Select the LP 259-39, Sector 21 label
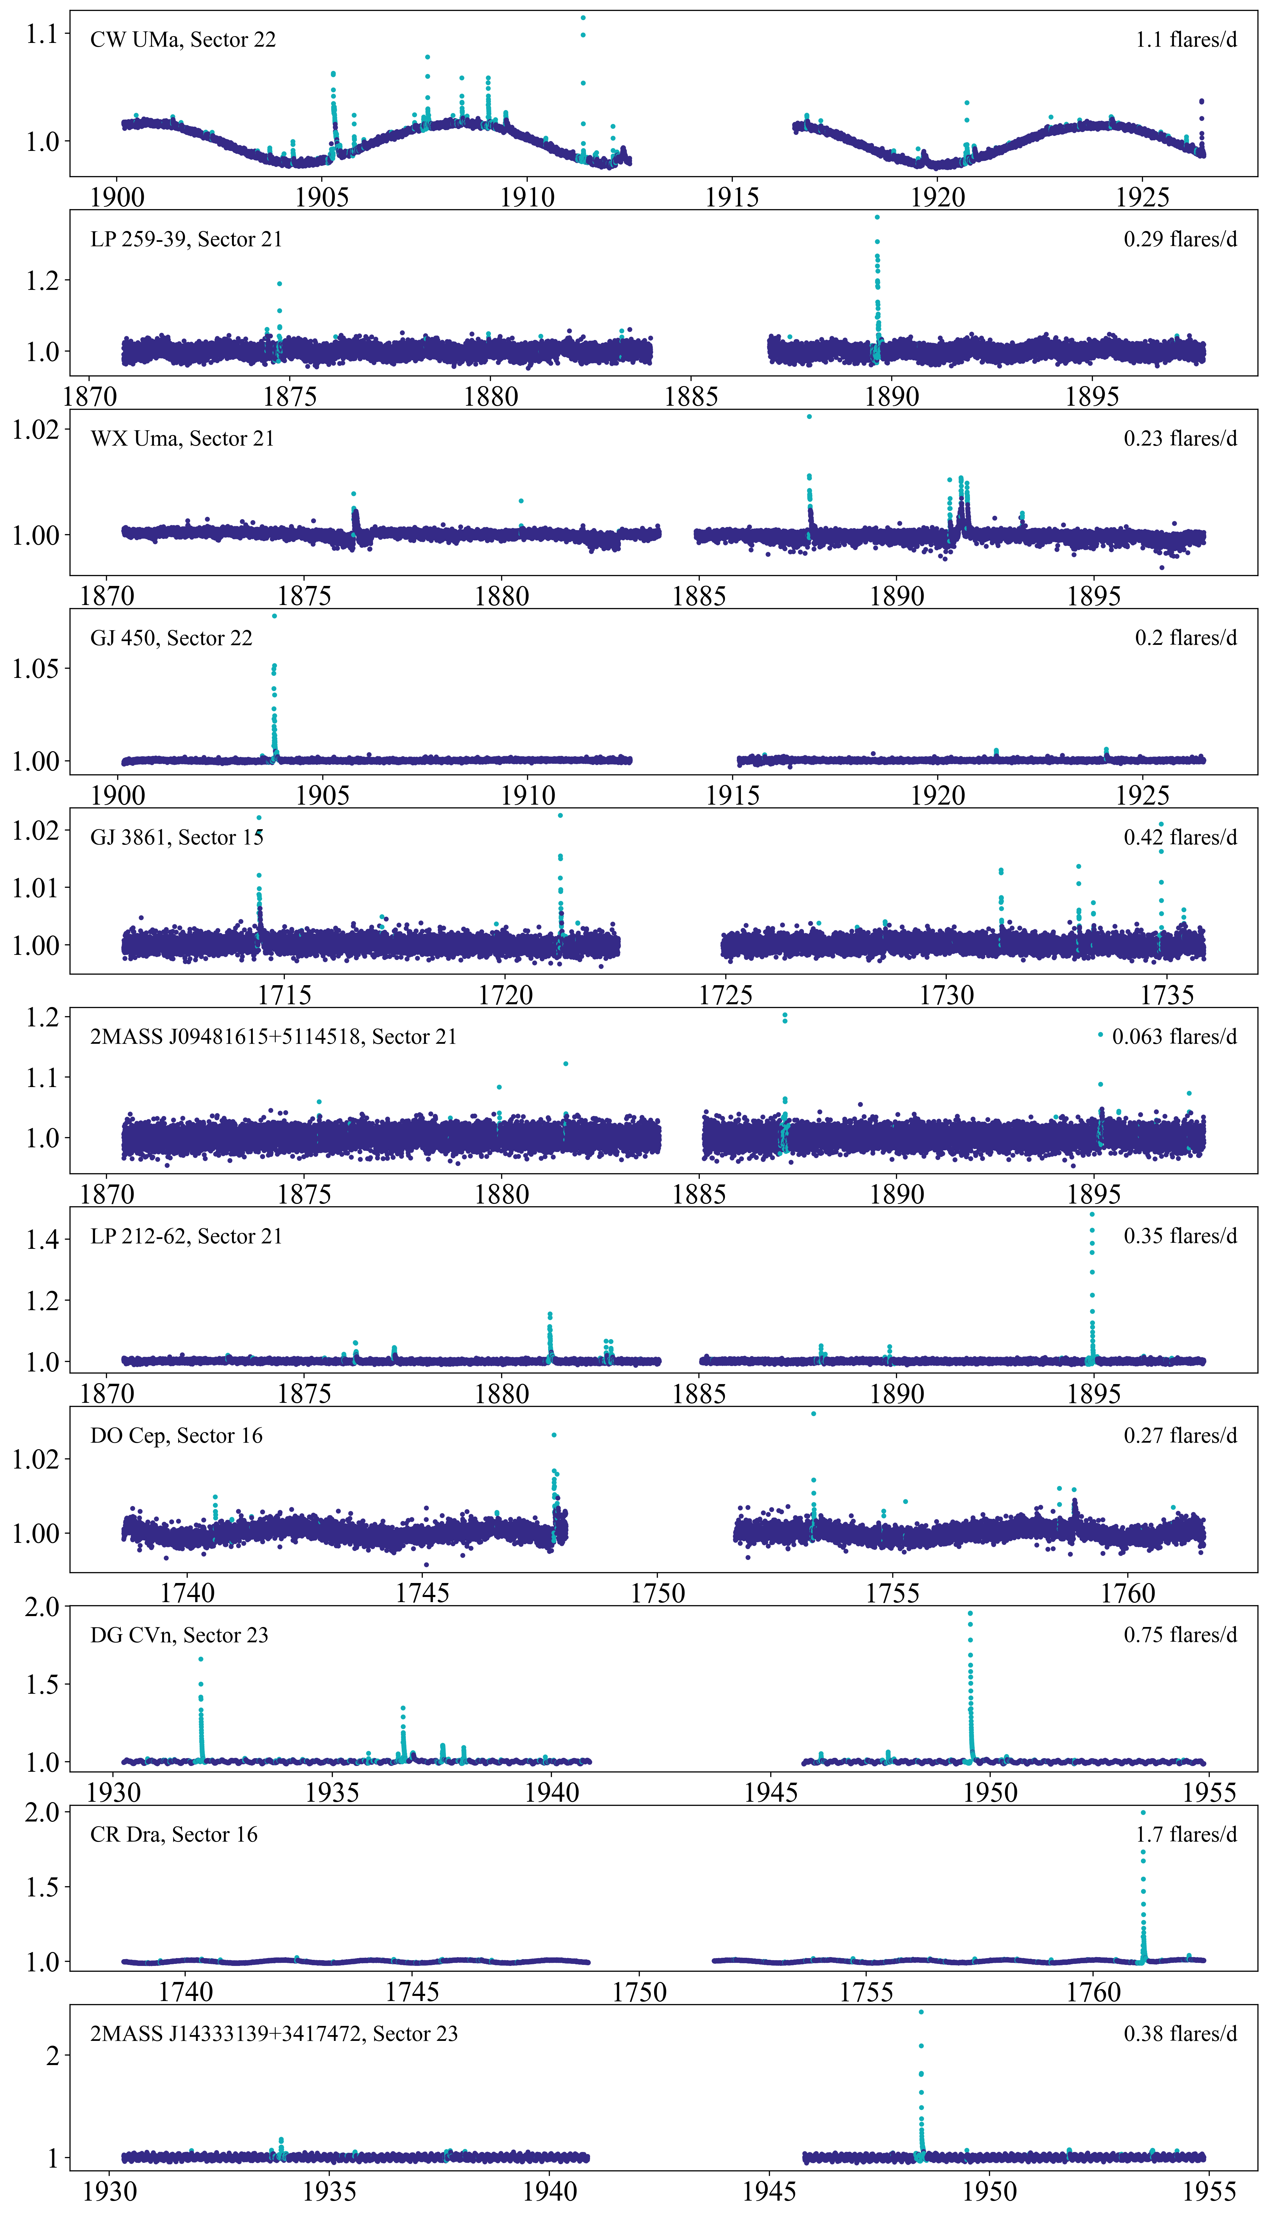[186, 239]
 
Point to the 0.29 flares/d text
[1180, 239]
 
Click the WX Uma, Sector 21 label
[182, 439]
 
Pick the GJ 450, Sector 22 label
[172, 638]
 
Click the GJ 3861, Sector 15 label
[177, 838]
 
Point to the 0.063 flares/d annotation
[1174, 1037]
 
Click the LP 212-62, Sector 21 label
[186, 1237]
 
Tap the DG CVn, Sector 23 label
[180, 1635]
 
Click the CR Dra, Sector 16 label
[174, 1835]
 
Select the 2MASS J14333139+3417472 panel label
[274, 2034]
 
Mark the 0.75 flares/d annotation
[1180, 1635]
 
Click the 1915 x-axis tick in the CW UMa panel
[731, 198]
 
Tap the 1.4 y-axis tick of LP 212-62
[42, 1240]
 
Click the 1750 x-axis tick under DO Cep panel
[658, 1594]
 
